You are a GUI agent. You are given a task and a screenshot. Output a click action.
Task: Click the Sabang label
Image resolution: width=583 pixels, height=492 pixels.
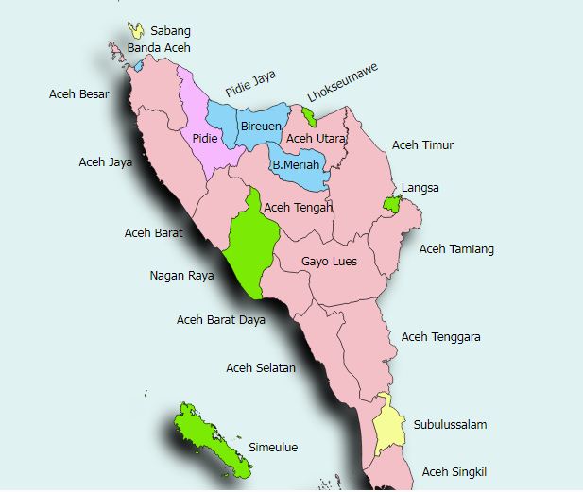click(x=170, y=31)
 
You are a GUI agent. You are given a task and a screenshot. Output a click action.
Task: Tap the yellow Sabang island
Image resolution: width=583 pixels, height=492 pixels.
click(x=137, y=30)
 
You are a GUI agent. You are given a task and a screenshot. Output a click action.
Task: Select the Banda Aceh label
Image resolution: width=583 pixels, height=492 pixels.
click(x=159, y=47)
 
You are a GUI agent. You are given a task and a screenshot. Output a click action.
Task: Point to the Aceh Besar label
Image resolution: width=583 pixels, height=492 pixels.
click(x=79, y=94)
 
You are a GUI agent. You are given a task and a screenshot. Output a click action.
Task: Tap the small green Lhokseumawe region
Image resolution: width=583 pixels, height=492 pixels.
click(x=308, y=116)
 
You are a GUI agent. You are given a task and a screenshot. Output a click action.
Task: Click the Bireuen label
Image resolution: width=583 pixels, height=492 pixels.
click(x=258, y=126)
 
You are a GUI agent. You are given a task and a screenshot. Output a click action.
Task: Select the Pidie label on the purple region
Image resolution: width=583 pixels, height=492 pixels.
click(x=206, y=139)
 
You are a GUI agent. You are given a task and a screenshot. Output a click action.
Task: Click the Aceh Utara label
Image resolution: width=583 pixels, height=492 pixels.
click(x=316, y=139)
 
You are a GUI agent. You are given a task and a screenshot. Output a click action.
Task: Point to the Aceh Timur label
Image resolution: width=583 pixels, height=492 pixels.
click(x=422, y=145)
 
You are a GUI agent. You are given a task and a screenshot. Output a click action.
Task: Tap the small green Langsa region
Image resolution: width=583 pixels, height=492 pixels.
click(x=391, y=204)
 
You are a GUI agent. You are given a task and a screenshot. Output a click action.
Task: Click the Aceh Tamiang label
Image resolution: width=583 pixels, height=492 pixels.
click(x=456, y=249)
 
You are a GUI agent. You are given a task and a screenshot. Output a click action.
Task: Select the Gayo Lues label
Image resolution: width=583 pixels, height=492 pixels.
click(x=329, y=262)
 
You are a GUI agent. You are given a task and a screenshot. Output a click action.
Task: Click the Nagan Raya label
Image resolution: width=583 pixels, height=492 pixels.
click(x=181, y=276)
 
